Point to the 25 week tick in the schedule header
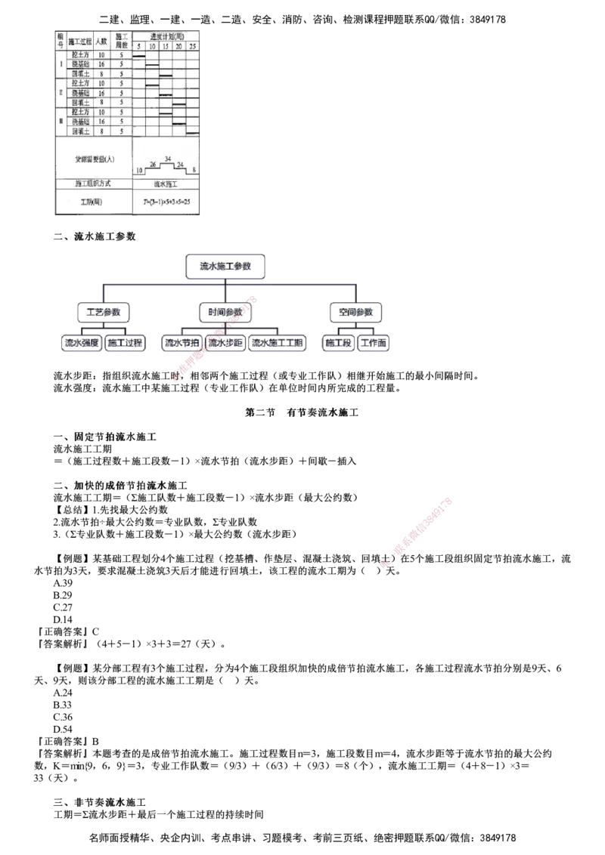tap(192, 46)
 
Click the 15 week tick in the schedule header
tap(166, 46)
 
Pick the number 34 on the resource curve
tap(167, 158)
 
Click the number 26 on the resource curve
tap(153, 164)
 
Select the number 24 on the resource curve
tap(181, 163)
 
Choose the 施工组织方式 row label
tap(94, 184)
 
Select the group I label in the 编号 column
tap(60, 64)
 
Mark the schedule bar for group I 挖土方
tap(139, 56)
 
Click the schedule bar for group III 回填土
tap(192, 132)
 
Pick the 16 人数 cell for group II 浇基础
tap(101, 93)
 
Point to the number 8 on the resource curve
tap(195, 169)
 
